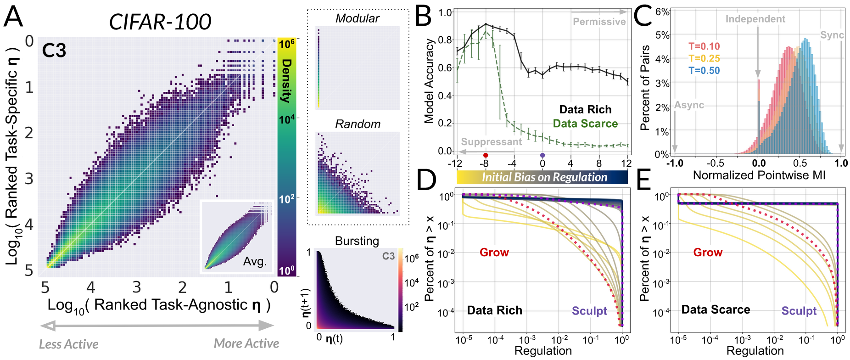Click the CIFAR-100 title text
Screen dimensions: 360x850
(160, 22)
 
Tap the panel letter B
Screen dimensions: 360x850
(423, 16)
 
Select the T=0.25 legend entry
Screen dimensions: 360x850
(704, 58)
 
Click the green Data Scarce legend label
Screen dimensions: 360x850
(585, 124)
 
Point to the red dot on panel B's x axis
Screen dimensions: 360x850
(486, 155)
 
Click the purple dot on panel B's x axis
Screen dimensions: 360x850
(542, 155)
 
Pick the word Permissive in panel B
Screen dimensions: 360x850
(599, 22)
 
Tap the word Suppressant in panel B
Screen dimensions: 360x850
(491, 142)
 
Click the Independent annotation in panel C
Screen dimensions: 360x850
(755, 19)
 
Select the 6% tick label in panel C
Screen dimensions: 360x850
(662, 11)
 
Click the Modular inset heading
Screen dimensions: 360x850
(357, 18)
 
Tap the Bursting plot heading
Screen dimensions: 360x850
(357, 241)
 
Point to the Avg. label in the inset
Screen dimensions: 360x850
(255, 261)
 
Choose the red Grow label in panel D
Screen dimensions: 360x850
(494, 253)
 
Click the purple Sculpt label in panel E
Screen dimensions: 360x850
(799, 311)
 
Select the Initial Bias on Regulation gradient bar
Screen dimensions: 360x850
(542, 177)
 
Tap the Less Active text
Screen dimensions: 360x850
(69, 344)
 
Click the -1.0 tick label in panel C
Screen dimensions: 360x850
(675, 163)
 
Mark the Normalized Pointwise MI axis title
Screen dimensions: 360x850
(759, 175)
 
